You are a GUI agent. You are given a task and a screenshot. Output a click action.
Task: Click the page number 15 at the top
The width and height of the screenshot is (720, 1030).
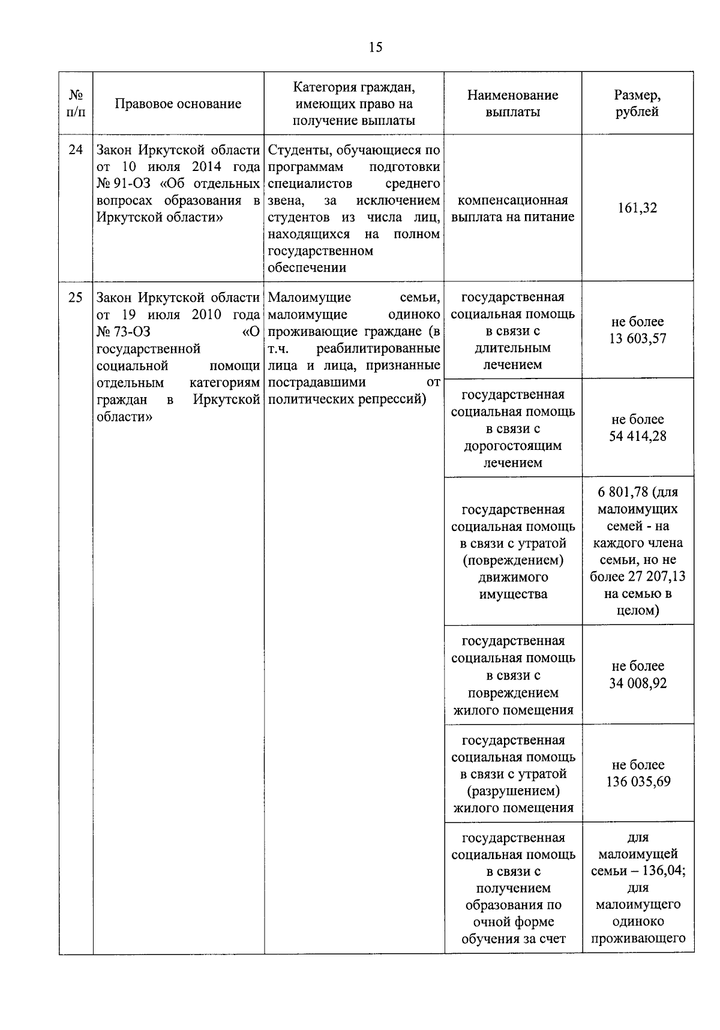tap(376, 48)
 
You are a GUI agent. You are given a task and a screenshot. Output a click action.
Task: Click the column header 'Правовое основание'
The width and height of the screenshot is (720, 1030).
tap(178, 104)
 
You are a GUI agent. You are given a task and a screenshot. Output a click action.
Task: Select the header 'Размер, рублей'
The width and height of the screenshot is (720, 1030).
tap(637, 103)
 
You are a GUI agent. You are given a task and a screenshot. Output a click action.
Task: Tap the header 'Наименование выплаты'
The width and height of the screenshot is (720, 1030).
tap(512, 103)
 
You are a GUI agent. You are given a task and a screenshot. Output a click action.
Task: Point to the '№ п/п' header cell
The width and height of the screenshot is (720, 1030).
tap(76, 103)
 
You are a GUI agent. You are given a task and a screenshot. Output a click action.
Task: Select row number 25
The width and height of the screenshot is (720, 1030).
tap(76, 297)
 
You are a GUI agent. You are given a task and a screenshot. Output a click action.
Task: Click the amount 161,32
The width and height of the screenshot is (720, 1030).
tap(637, 208)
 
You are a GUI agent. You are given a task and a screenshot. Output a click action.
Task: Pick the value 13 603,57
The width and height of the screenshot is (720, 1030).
tap(638, 339)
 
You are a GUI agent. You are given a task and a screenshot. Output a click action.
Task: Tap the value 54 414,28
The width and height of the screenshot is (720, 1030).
tap(638, 437)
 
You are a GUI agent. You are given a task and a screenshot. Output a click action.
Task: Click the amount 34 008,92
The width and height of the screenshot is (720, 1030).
tap(638, 684)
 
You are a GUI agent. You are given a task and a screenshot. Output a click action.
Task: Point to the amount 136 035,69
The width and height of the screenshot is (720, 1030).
tap(638, 782)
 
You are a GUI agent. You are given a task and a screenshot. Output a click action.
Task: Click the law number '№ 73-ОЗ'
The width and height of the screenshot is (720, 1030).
tap(123, 332)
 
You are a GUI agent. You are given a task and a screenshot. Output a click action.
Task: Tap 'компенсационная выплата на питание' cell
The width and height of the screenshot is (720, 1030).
tap(512, 208)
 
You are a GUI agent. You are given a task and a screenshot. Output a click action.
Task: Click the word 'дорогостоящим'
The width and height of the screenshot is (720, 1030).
tap(512, 446)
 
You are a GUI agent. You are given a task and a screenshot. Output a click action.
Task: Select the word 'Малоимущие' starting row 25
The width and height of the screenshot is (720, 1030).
tap(310, 298)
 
